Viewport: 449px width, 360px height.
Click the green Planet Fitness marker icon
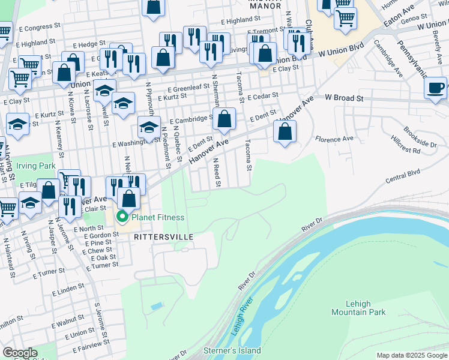[x=122, y=217]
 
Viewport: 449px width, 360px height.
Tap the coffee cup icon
[x=435, y=87]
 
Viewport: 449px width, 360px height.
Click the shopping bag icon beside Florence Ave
[x=285, y=131]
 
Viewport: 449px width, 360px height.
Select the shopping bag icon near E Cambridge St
[x=224, y=119]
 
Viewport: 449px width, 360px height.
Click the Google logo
[x=19, y=353]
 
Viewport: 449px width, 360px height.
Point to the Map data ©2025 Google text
[x=411, y=355]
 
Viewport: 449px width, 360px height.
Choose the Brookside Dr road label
[x=420, y=140]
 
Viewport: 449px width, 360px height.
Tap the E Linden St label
[x=68, y=291]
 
